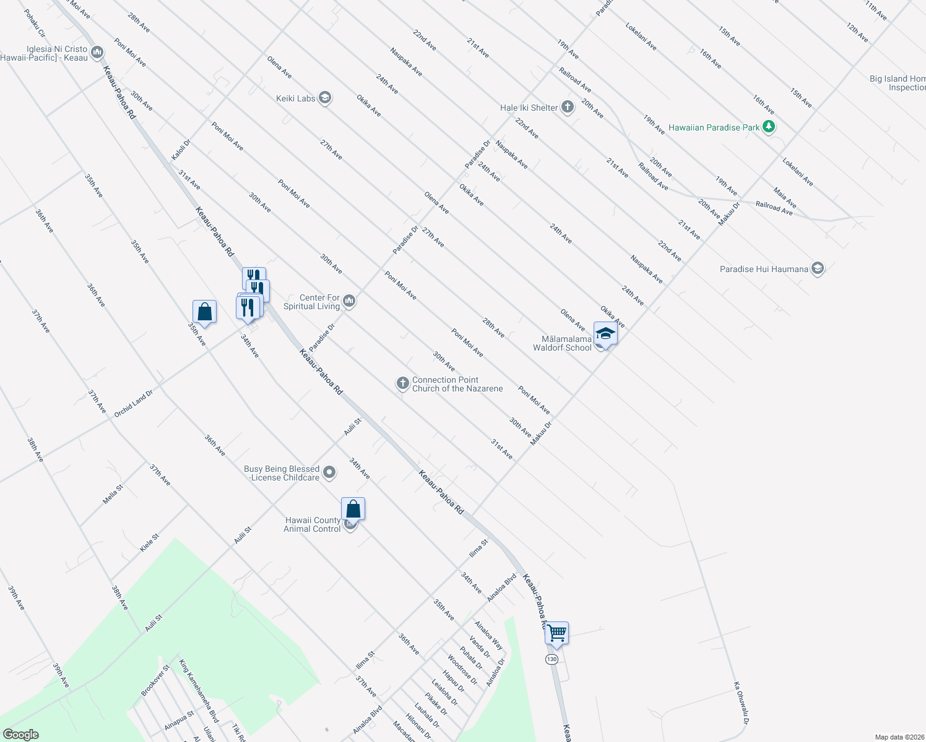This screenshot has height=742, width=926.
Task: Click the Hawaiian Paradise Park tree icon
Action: (769, 127)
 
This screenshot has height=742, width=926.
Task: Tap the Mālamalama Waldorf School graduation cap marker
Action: (605, 335)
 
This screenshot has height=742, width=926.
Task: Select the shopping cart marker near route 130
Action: (556, 633)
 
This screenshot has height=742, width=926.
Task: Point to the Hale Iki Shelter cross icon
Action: (568, 108)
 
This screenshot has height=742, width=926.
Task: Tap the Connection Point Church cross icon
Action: (402, 384)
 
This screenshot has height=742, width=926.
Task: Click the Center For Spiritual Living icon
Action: (349, 301)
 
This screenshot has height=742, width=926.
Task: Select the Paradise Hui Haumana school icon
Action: (818, 269)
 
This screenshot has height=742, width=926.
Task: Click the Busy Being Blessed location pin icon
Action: (329, 473)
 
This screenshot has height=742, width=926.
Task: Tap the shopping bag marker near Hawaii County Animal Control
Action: (353, 509)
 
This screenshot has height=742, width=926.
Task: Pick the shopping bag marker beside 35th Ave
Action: (204, 312)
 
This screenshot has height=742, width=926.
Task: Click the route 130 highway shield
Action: (552, 659)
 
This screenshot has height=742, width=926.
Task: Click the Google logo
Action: (21, 735)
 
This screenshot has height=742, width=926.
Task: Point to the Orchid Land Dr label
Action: (133, 403)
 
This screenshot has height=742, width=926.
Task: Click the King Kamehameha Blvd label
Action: (199, 691)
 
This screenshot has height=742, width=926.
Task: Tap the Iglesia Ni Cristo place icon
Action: (97, 53)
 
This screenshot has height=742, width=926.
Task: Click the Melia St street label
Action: (113, 494)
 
